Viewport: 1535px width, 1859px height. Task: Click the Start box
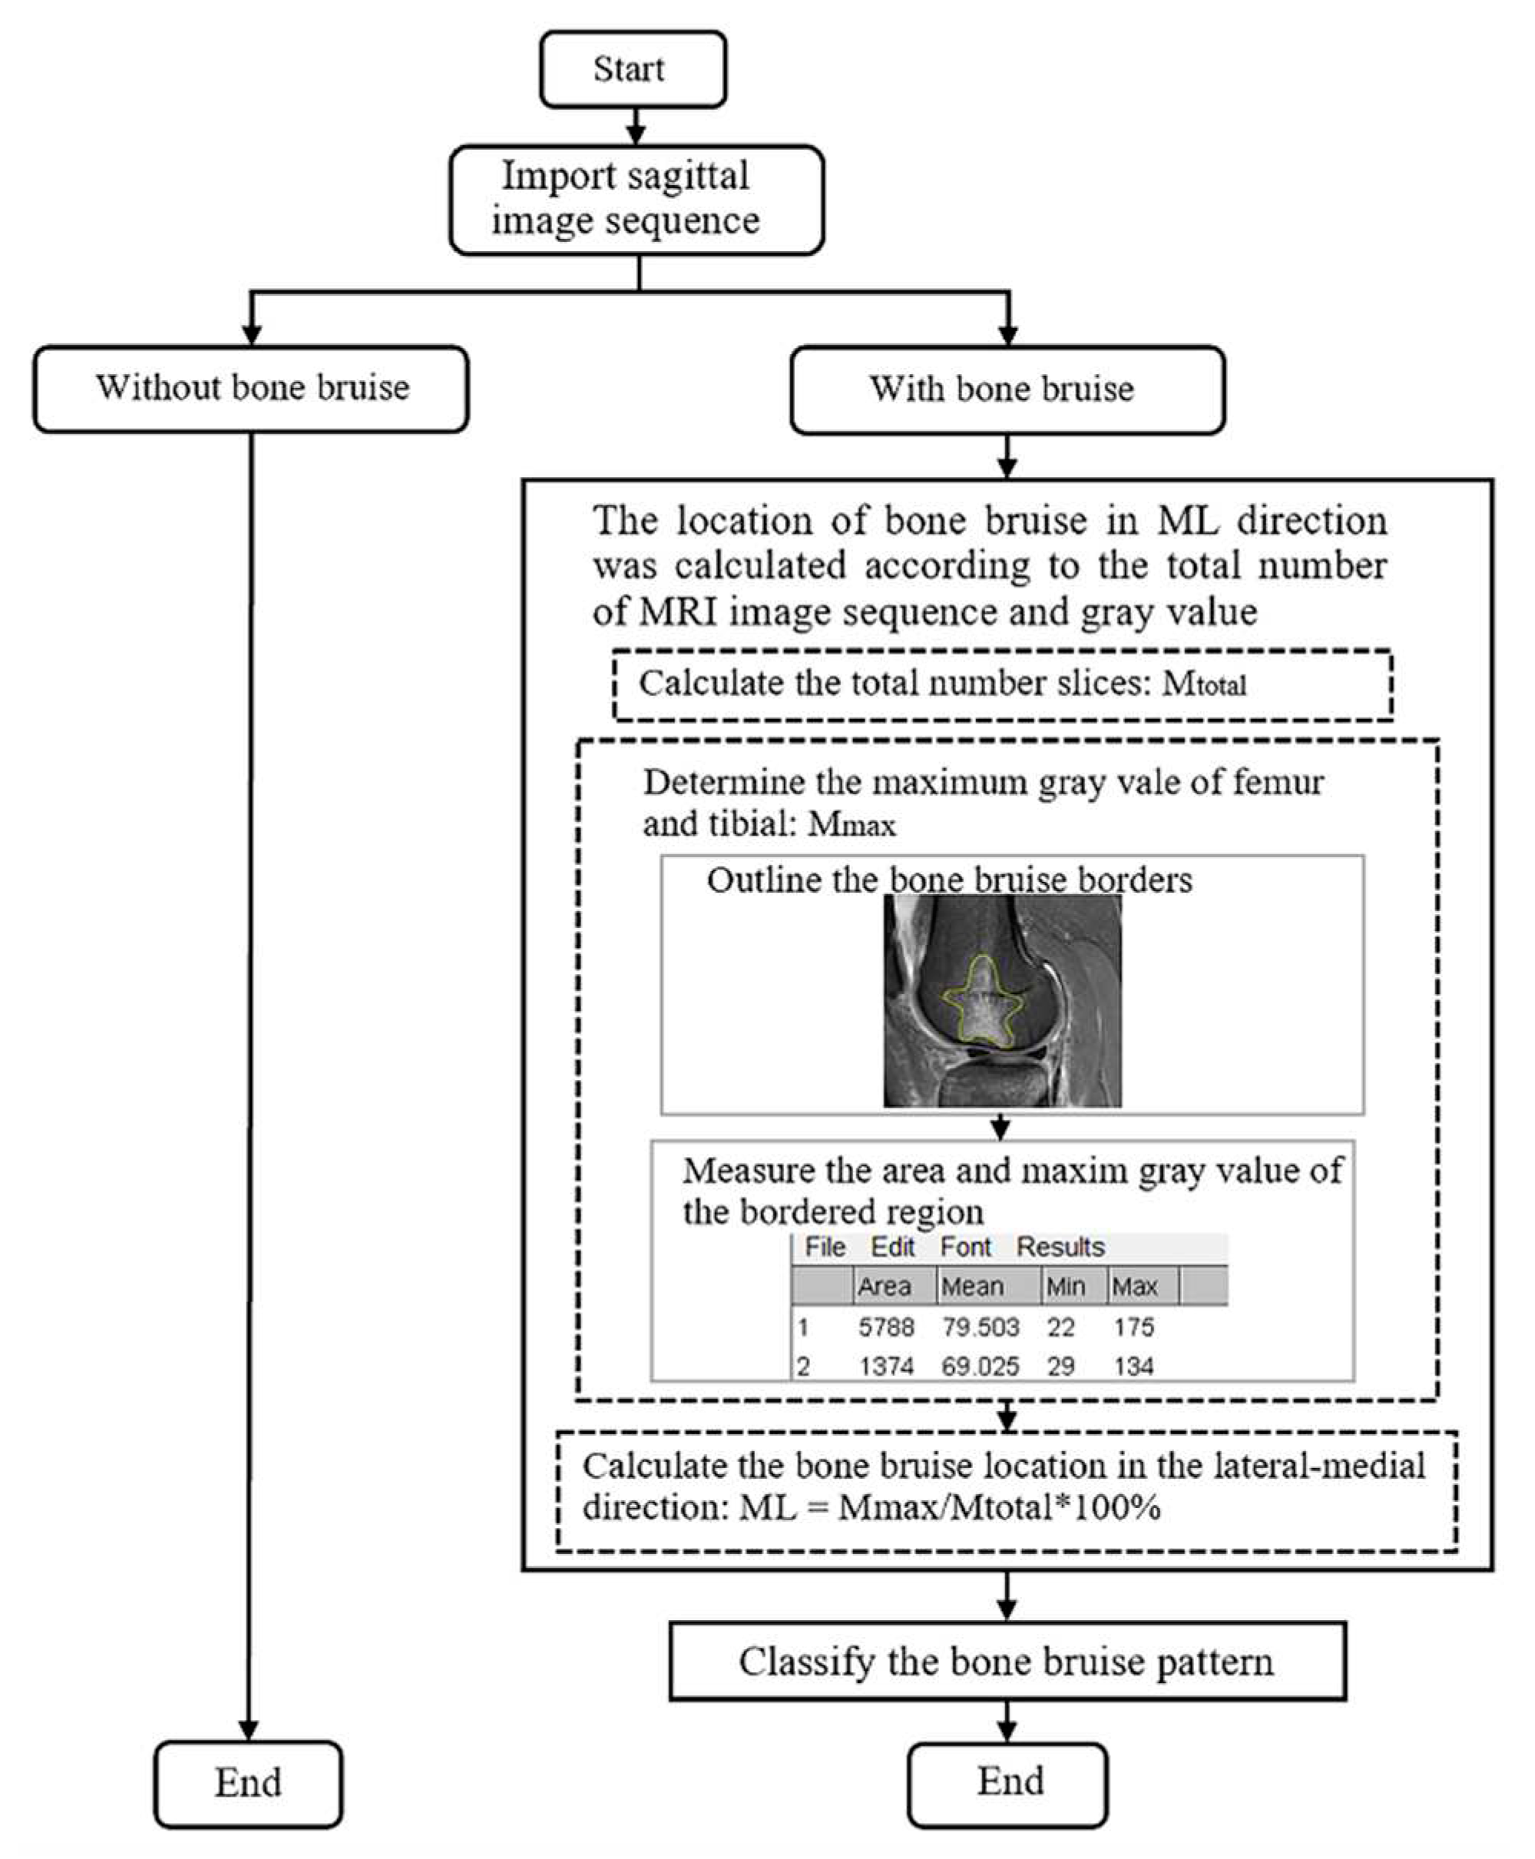[632, 69]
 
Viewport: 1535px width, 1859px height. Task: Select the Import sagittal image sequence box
[636, 200]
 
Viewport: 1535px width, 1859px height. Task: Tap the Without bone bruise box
[251, 388]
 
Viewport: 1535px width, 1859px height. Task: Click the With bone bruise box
[1006, 389]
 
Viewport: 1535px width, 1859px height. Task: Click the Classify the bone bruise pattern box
[1006, 1662]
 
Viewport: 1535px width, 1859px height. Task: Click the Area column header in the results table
[884, 1286]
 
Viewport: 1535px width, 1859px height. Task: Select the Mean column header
[971, 1286]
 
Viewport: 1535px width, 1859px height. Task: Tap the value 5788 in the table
[886, 1327]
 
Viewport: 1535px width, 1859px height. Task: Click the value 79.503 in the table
[980, 1327]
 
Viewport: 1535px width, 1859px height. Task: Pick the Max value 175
[1133, 1327]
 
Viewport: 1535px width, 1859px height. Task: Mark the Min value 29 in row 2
[1060, 1367]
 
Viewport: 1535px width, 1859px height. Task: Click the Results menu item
[1060, 1247]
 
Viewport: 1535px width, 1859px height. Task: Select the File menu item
[824, 1247]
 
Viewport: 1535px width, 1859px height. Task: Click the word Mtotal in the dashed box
[1204, 684]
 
